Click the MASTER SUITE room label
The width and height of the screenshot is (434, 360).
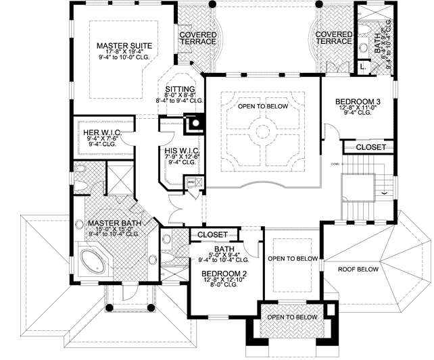(x=122, y=46)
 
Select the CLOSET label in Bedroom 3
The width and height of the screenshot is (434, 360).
(x=370, y=147)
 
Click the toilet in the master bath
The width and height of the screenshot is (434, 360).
(x=80, y=170)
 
